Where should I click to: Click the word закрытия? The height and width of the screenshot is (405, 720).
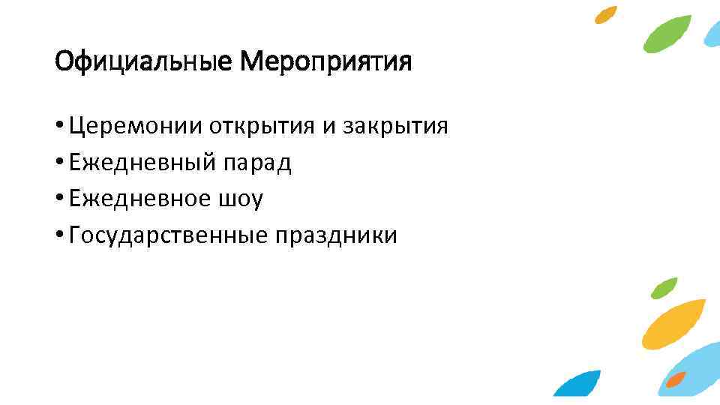pos(395,125)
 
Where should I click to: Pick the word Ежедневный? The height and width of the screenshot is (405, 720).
pos(143,162)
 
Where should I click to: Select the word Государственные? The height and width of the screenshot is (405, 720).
pos(167,235)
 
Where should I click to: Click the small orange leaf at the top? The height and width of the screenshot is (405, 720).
pos(606,14)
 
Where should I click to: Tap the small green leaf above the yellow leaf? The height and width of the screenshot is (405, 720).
pos(664,287)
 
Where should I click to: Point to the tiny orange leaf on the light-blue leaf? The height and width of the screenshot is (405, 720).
pos(676,379)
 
